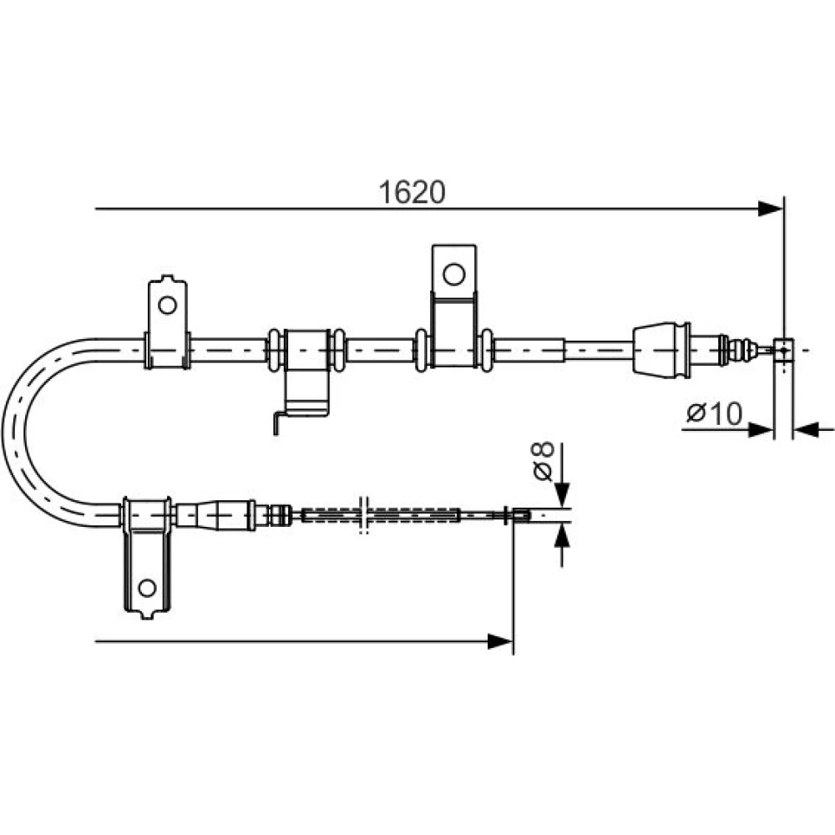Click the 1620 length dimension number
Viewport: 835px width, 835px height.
(x=412, y=192)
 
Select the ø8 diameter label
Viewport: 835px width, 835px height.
(x=544, y=461)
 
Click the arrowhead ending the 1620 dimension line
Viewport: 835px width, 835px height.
(x=770, y=209)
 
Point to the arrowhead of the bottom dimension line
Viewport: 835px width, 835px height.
(x=500, y=641)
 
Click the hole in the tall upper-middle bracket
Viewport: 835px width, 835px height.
(x=453, y=274)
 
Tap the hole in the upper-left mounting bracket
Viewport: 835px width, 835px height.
(x=167, y=305)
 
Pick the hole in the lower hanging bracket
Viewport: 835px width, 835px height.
(x=147, y=588)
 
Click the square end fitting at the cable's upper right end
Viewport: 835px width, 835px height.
(x=783, y=350)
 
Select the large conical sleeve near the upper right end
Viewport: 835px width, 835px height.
(x=661, y=350)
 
